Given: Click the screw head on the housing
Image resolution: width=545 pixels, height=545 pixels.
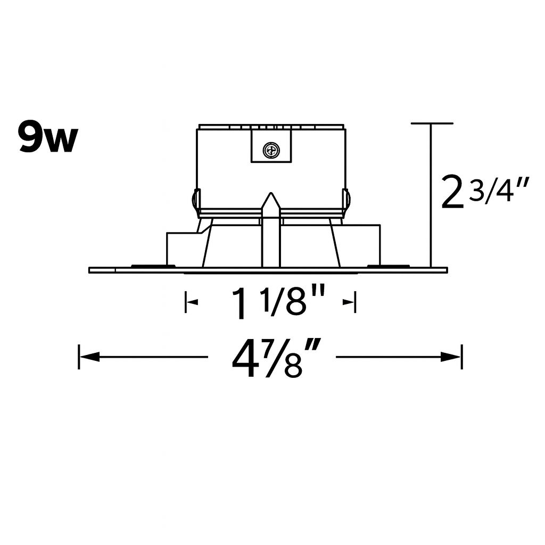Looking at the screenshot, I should [x=271, y=151].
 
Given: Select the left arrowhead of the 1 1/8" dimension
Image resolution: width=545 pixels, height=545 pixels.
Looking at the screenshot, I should [x=193, y=302].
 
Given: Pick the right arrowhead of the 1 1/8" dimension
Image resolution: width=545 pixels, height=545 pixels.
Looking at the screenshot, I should [x=348, y=302].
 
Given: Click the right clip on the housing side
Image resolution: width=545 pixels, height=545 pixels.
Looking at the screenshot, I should [x=347, y=201].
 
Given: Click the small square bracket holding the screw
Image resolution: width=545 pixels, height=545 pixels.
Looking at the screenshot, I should [x=271, y=147].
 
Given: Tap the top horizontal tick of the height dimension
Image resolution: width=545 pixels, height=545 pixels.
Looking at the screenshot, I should [x=432, y=123].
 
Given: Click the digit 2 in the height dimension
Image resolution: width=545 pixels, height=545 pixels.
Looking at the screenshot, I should [x=451, y=194].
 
